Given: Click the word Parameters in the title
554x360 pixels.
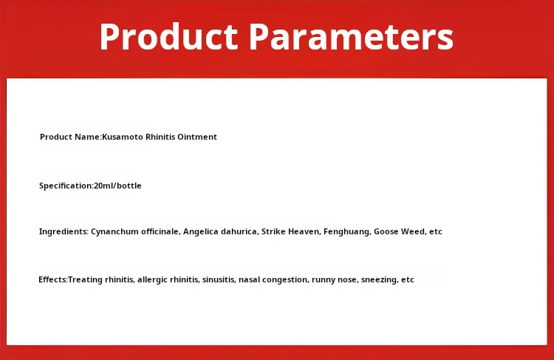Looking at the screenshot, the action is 351,37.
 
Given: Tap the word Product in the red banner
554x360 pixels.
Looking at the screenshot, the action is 169,37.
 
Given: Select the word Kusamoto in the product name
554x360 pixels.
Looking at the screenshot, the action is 123,137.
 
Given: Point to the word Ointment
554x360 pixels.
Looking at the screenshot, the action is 196,137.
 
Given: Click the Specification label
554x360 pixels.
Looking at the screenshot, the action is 66,186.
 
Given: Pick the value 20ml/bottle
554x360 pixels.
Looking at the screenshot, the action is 117,186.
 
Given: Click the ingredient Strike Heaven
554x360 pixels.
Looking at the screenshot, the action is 291,231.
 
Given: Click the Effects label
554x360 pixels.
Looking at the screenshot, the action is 53,279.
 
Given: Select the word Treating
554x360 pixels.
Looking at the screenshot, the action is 83,279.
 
